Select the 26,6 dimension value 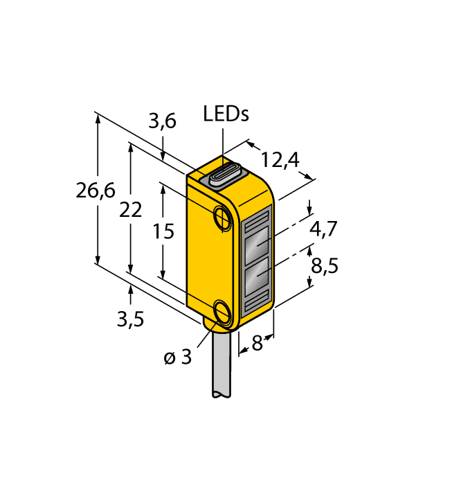(96, 192)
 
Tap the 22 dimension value (130, 210)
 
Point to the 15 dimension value (163, 231)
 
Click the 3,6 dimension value (163, 122)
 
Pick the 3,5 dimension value (130, 319)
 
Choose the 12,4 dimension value (280, 160)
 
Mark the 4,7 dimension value (323, 229)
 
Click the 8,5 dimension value (323, 265)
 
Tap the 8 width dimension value (257, 343)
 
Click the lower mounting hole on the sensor (223, 312)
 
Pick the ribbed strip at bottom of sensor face (256, 301)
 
